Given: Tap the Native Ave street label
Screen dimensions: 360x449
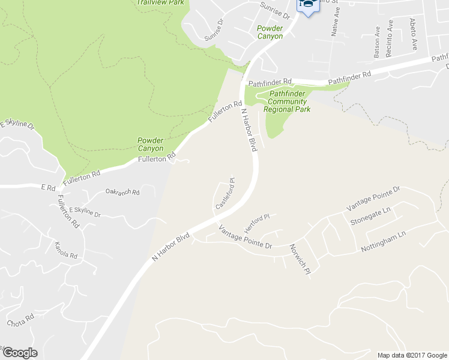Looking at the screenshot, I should tap(336, 24).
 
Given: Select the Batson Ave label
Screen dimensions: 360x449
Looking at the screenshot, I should tap(378, 41).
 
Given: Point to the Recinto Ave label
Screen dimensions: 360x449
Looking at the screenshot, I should tap(390, 38).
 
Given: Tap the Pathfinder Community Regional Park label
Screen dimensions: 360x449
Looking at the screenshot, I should tap(288, 101).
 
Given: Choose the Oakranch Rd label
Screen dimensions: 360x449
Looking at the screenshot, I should tap(122, 192).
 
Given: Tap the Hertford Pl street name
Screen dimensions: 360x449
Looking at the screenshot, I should tap(258, 224).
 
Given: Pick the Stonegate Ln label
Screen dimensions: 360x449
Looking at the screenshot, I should tap(370, 216).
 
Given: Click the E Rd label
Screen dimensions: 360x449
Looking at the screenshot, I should tap(48, 187).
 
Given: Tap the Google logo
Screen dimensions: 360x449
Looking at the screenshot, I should tap(19, 353).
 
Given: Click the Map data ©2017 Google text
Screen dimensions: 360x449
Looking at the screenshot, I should tap(411, 355).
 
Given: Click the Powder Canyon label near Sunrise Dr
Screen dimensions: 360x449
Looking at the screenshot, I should tap(270, 32).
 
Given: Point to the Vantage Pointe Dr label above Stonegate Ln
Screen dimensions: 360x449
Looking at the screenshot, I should tap(373, 199).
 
